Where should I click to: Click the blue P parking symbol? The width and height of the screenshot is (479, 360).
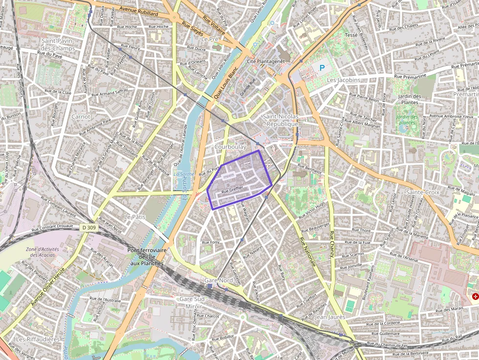click(322, 68)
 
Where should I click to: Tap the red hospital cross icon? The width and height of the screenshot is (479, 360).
click(475, 296)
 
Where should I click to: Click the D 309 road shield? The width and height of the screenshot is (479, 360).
click(89, 227)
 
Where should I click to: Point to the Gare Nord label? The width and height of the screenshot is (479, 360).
click(218, 280)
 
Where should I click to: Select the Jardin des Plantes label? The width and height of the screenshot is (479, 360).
click(410, 99)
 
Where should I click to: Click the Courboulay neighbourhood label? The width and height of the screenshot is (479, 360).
click(230, 147)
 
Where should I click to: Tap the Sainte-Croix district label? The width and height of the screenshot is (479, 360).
click(422, 192)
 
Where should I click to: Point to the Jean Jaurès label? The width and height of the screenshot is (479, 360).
click(330, 317)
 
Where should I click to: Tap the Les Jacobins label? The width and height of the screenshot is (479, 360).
click(343, 80)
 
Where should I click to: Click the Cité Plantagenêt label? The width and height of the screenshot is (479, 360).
click(265, 62)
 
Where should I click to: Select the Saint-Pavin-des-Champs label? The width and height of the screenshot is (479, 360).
click(58, 45)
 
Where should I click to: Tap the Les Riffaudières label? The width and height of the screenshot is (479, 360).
click(38, 339)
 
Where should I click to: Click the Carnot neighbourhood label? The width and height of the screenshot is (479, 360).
click(81, 117)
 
